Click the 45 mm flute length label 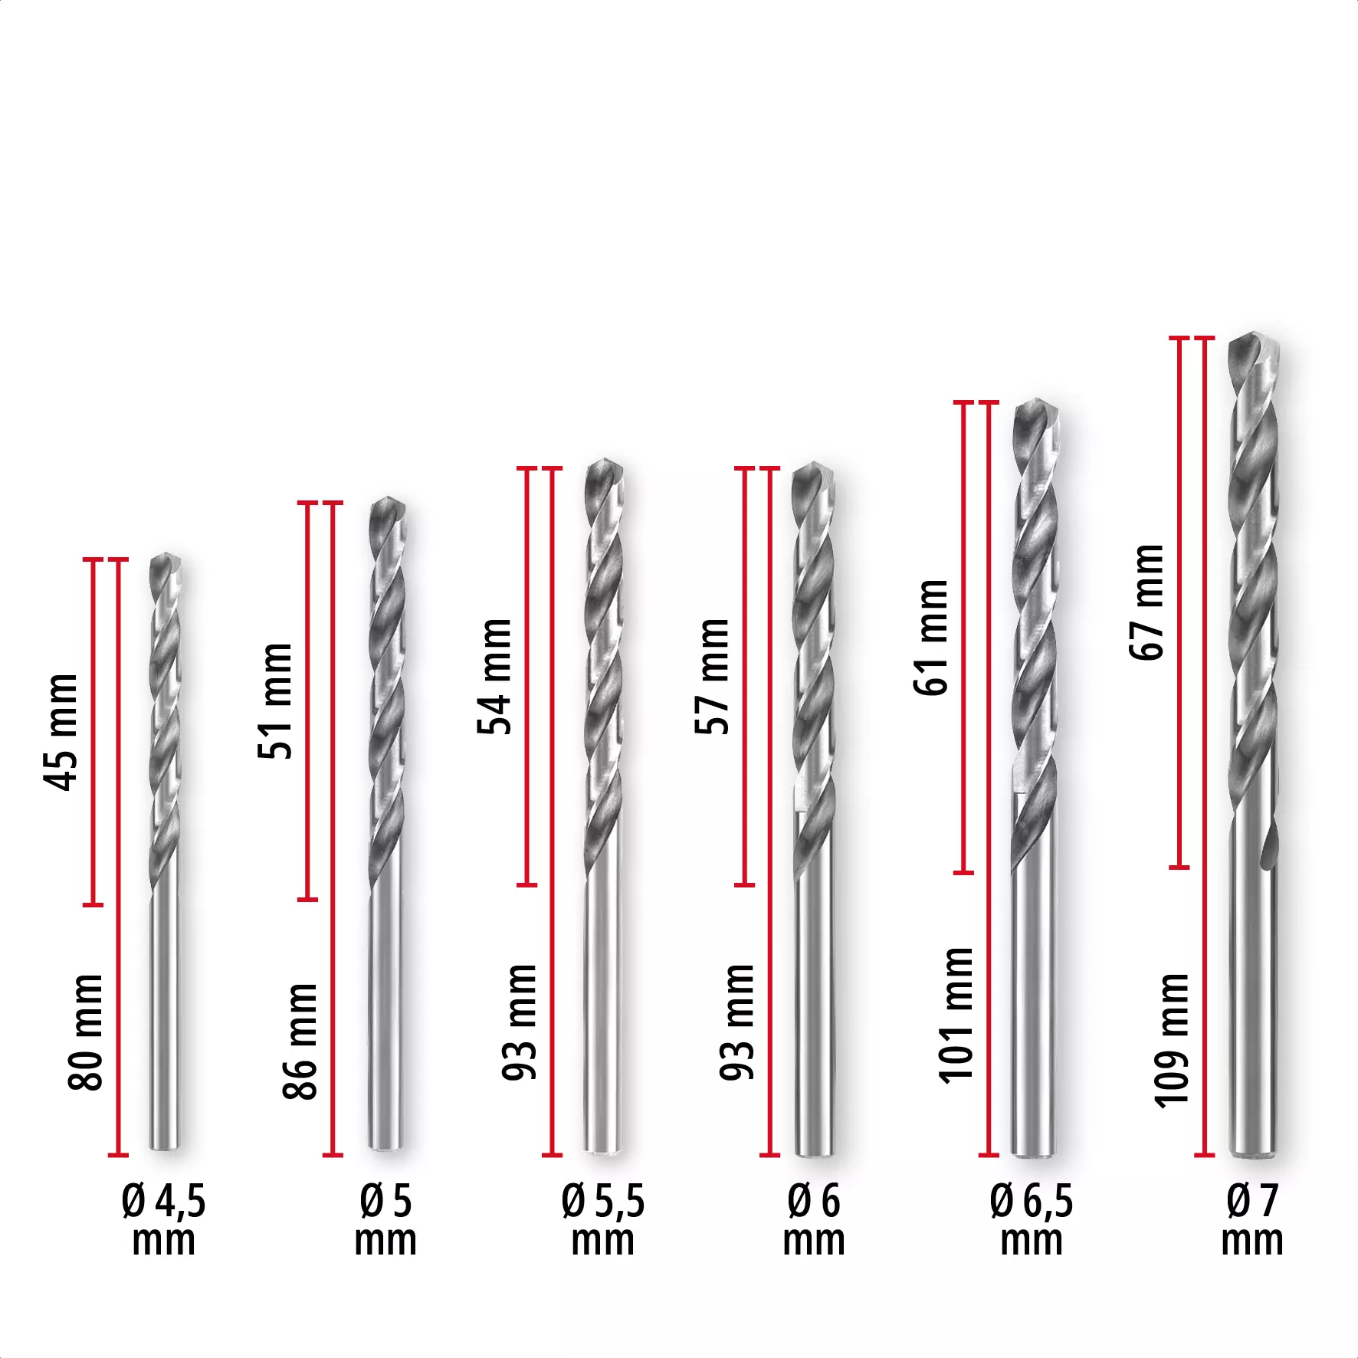61,732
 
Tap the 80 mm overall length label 85,1032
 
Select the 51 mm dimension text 276,701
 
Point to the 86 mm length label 300,1041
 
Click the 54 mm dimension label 494,676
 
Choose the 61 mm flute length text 931,638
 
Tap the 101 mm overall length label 956,1015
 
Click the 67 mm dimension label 1147,602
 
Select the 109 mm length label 1172,1040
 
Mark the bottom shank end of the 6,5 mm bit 1034,1153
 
